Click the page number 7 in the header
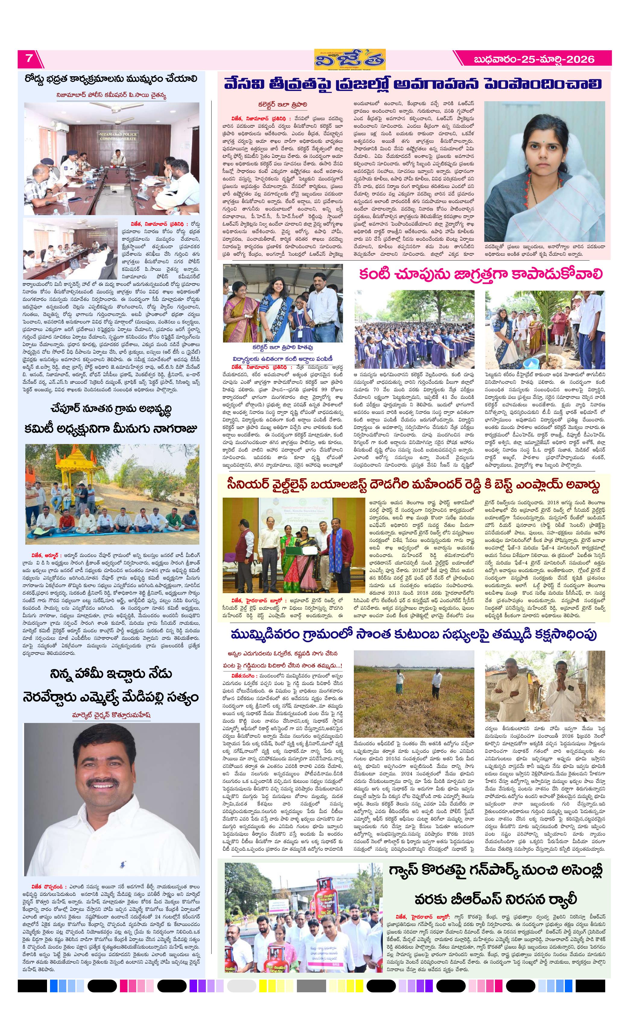pyautogui.click(x=29, y=58)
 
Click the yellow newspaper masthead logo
pyautogui.click(x=349, y=60)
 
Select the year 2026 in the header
pyautogui.click(x=580, y=59)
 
